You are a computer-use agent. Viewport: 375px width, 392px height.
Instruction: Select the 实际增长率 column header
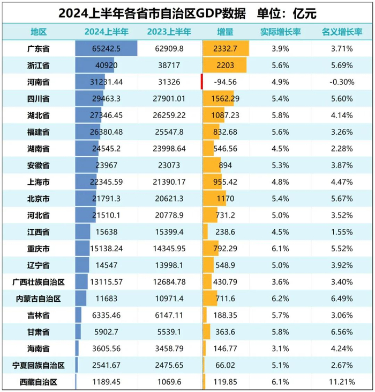pos(280,32)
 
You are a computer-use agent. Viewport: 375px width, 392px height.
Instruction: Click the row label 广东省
pos(38,48)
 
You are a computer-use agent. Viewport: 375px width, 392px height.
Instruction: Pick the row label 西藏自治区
pos(38,383)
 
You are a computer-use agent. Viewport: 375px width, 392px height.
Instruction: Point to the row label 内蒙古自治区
pos(38,298)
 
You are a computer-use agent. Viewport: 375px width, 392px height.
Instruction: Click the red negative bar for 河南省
pos(201,82)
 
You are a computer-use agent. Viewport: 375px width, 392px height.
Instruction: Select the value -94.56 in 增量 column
pos(226,82)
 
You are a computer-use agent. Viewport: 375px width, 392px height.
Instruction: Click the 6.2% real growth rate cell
pos(280,298)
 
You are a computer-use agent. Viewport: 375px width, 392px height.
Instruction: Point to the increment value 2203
pos(226,65)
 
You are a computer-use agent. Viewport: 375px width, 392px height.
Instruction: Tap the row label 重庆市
pos(38,249)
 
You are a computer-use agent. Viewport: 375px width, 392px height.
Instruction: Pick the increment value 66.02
pos(226,366)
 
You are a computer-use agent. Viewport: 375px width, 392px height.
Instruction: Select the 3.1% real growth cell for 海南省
pos(280,349)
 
